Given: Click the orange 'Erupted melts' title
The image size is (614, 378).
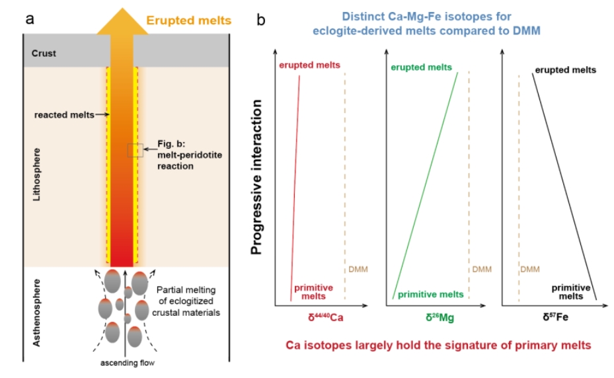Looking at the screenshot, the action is [x=189, y=20].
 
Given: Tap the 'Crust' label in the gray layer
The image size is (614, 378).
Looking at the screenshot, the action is [x=44, y=54].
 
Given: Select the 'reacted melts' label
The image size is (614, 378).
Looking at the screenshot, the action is [x=64, y=115].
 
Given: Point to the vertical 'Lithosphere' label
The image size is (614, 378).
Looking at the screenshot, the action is [x=36, y=174].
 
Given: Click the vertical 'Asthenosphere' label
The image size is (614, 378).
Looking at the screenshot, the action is [x=36, y=313].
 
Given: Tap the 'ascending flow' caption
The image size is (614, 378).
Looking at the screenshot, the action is [x=128, y=363].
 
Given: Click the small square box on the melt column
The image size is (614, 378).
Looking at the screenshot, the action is [x=135, y=151].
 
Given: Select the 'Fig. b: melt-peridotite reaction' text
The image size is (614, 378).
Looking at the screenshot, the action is [x=190, y=155].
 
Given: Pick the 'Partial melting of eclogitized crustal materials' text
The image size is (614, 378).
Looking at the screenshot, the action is [x=186, y=301].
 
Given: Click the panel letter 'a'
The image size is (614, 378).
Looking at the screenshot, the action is [x=30, y=19].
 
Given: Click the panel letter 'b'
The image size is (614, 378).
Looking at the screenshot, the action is [x=261, y=20].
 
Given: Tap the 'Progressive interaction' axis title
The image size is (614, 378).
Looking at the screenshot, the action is [x=256, y=177].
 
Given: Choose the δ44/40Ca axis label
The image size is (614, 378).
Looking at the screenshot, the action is [x=325, y=317].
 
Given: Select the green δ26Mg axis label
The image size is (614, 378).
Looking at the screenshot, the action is [x=440, y=317].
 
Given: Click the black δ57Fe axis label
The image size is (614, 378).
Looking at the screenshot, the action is [x=555, y=317].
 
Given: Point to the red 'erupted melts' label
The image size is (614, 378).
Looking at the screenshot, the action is [x=309, y=65].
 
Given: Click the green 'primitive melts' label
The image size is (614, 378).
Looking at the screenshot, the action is [x=430, y=295].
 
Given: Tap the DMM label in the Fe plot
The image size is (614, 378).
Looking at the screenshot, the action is [x=530, y=269].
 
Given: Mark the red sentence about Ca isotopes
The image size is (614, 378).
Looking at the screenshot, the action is [x=438, y=345].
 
